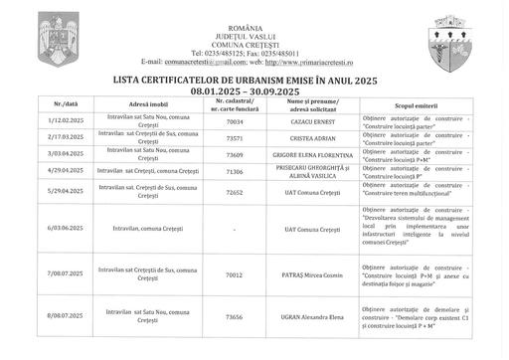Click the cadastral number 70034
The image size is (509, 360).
click(235, 121)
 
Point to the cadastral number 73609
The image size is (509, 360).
click(235, 154)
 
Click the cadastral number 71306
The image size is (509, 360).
click(235, 171)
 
